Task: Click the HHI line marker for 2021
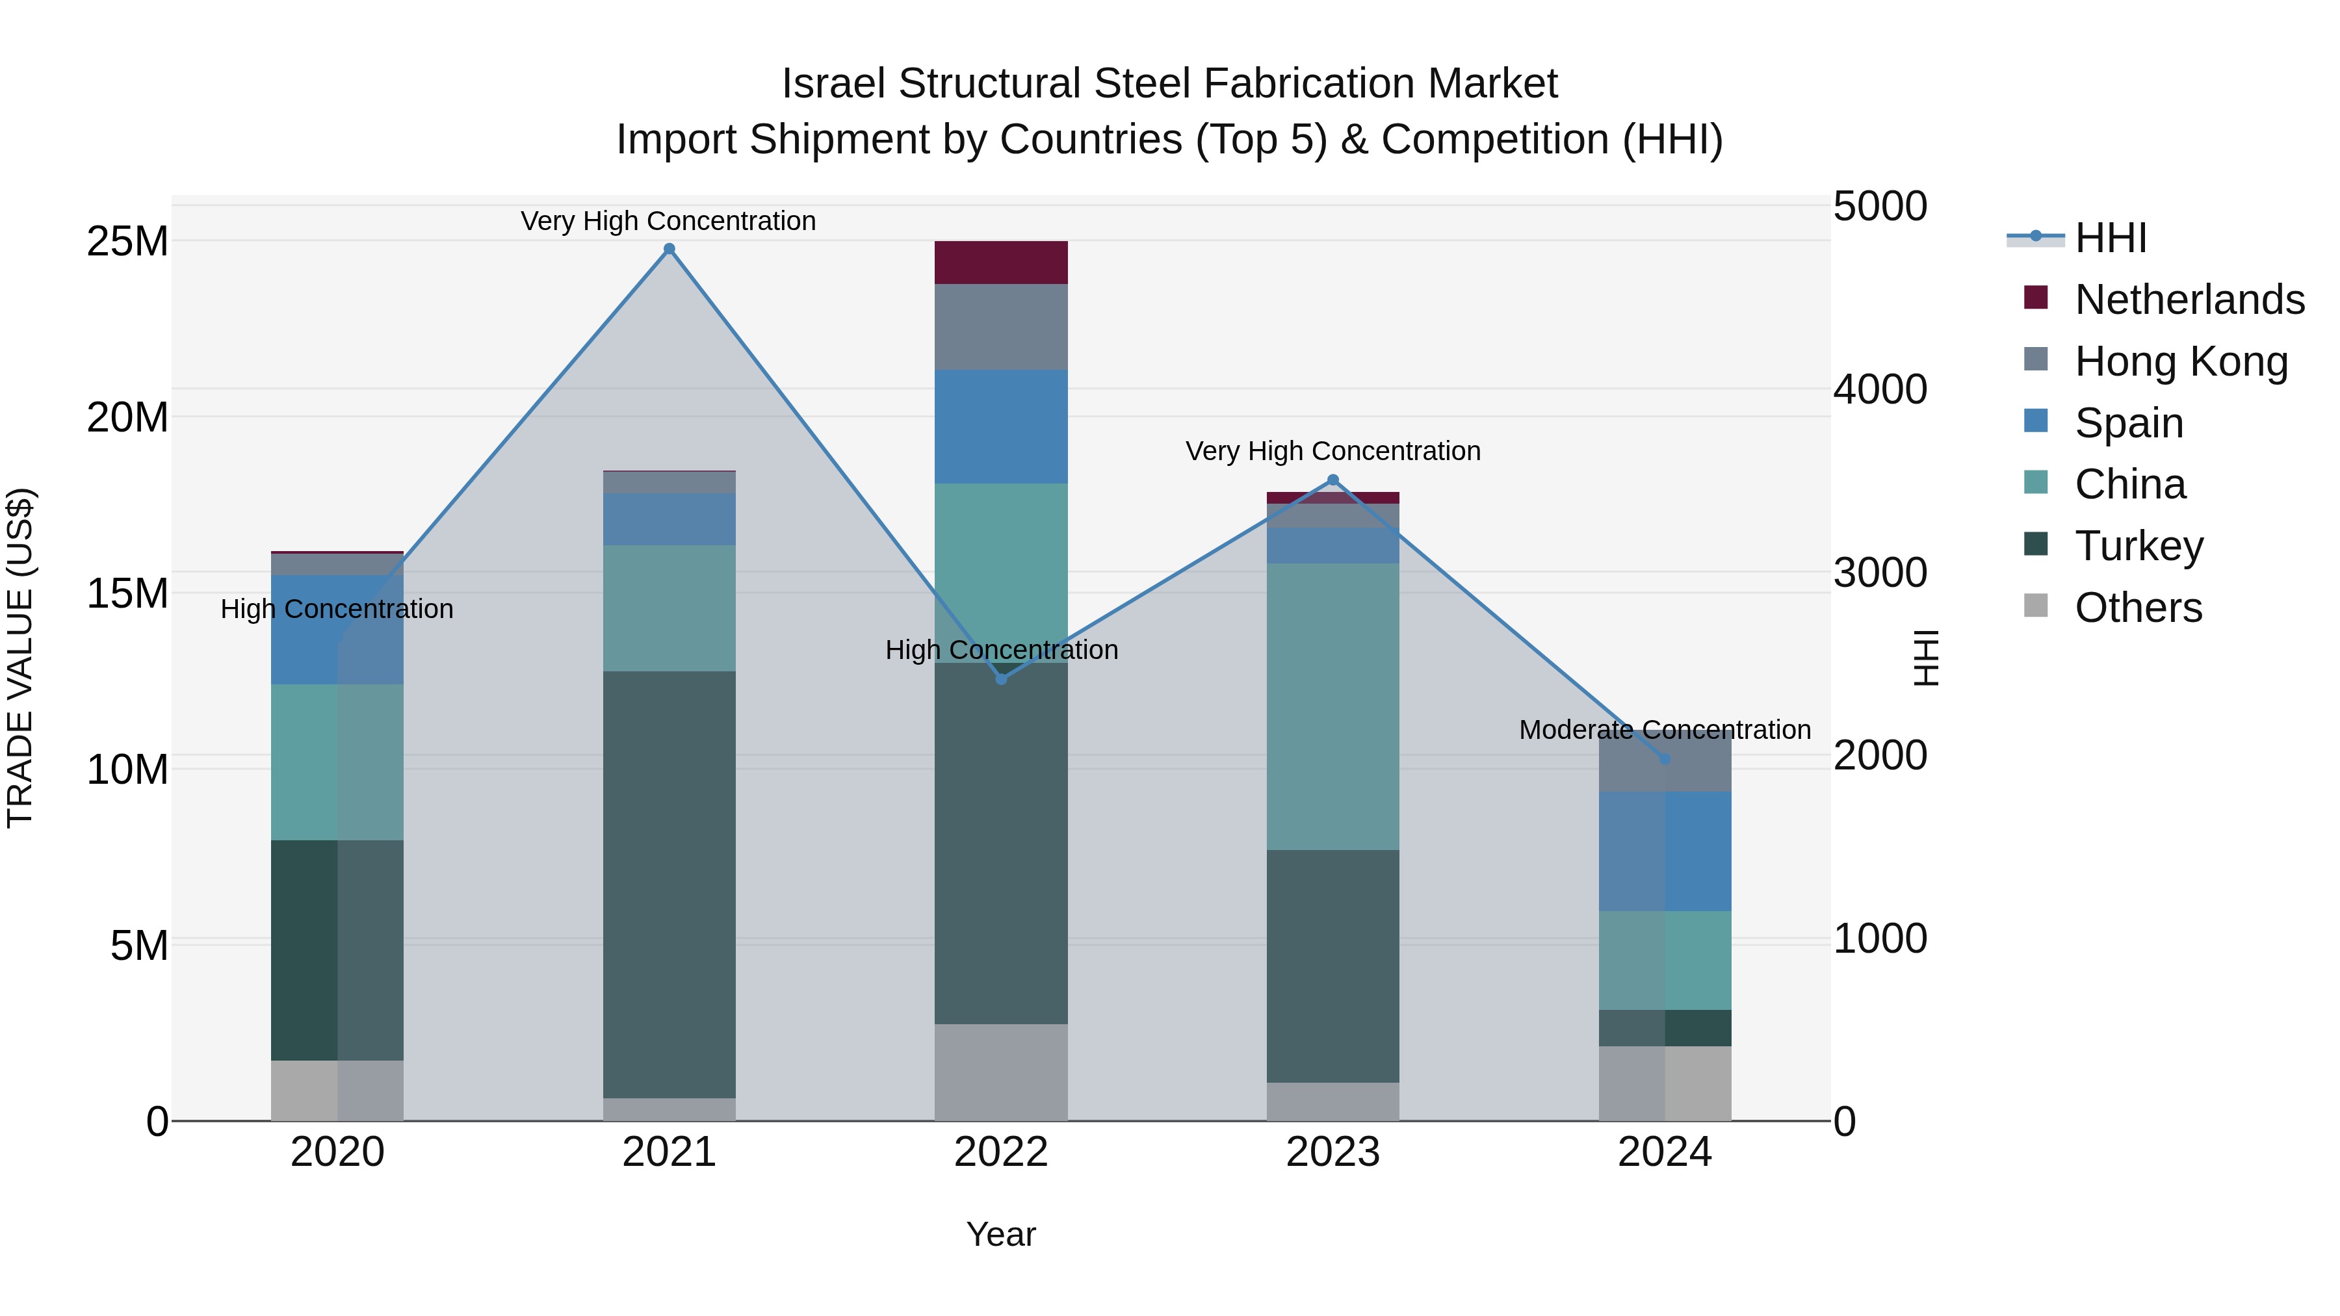click(x=669, y=249)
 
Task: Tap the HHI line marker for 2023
click(x=1332, y=480)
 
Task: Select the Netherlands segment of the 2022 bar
click(x=1001, y=263)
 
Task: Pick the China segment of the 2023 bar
click(x=1332, y=706)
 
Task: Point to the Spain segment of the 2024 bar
click(x=1664, y=851)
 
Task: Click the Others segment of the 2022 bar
click(x=1001, y=1072)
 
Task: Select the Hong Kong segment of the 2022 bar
click(x=1001, y=327)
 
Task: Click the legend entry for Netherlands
click(x=2189, y=300)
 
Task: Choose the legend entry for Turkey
click(x=2138, y=546)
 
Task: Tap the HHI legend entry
click(x=2109, y=238)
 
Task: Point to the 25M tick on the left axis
click(x=127, y=242)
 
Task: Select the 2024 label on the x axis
click(x=1664, y=1152)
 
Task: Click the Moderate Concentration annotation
click(x=1664, y=729)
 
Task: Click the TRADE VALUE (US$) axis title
click(x=20, y=658)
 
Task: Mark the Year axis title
click(x=1001, y=1234)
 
